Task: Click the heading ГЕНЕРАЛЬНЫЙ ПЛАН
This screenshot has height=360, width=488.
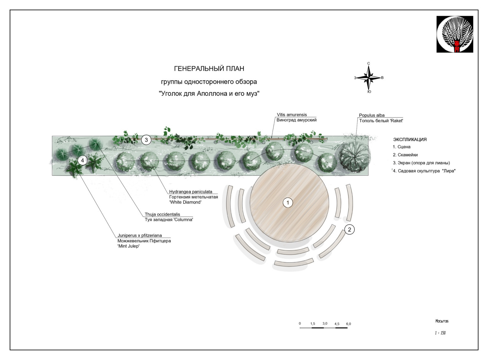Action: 209,69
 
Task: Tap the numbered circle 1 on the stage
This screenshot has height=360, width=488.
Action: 288,203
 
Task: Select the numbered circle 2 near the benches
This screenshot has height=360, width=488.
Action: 350,229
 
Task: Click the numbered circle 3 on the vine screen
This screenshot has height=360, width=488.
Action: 146,140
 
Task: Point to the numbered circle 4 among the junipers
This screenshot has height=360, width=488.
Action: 82,160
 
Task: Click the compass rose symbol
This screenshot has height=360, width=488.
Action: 369,78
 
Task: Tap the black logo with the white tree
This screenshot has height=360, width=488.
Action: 454,34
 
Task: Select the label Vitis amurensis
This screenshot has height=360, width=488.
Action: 292,115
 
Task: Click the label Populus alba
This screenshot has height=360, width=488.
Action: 371,115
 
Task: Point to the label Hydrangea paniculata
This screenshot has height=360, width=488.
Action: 191,192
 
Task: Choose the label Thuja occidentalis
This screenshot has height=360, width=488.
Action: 162,214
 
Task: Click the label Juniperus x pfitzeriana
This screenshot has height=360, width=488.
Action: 140,236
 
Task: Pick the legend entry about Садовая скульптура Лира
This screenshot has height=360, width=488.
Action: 424,171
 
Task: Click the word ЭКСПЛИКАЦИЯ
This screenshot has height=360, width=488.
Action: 410,139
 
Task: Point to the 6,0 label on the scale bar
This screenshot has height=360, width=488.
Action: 348,324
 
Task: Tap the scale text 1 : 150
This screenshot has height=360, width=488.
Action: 440,333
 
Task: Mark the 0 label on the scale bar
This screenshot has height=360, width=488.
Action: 300,323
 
